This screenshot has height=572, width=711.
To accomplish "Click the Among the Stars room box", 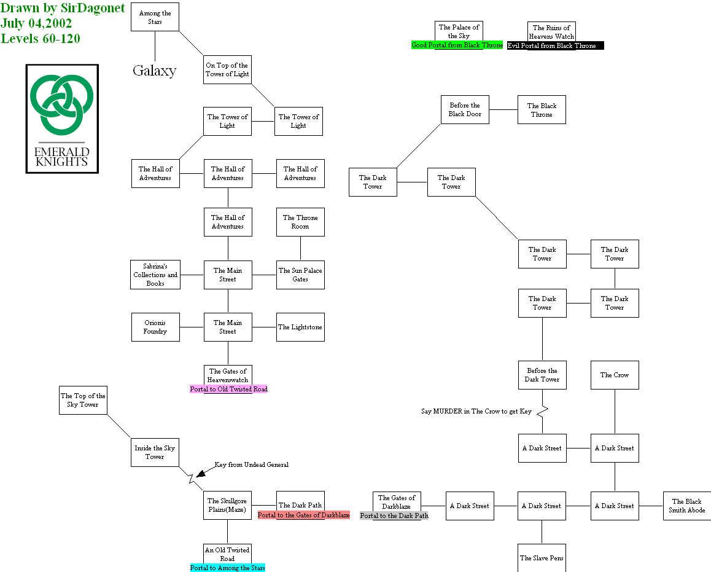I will [155, 17].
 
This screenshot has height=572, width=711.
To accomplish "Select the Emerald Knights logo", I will [62, 118].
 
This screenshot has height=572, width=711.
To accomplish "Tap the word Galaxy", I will [154, 71].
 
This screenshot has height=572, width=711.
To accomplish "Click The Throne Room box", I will [300, 222].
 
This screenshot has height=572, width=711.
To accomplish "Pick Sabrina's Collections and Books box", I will [155, 275].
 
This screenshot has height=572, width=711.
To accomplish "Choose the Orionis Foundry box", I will [155, 327].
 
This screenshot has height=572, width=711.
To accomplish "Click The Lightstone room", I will [300, 327].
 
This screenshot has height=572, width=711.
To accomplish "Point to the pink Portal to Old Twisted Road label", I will [228, 389].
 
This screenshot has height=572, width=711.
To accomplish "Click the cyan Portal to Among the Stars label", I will [227, 568].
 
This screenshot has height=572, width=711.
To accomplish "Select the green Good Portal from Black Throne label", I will [457, 45].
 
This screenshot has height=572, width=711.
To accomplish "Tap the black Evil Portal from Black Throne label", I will [555, 45].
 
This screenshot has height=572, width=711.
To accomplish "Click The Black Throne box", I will [542, 110].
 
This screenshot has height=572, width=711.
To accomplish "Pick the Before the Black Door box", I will [465, 109].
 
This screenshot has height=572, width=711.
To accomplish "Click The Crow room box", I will [615, 375].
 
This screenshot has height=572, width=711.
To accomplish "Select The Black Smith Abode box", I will [686, 506].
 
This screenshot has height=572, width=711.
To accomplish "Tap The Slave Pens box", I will [542, 557].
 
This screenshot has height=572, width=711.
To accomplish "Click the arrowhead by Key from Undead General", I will [200, 471].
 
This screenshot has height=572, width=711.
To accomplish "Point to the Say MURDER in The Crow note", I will [476, 411].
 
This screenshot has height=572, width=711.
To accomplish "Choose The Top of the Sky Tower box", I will [83, 400].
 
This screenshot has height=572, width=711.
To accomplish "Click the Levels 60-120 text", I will [41, 38].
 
